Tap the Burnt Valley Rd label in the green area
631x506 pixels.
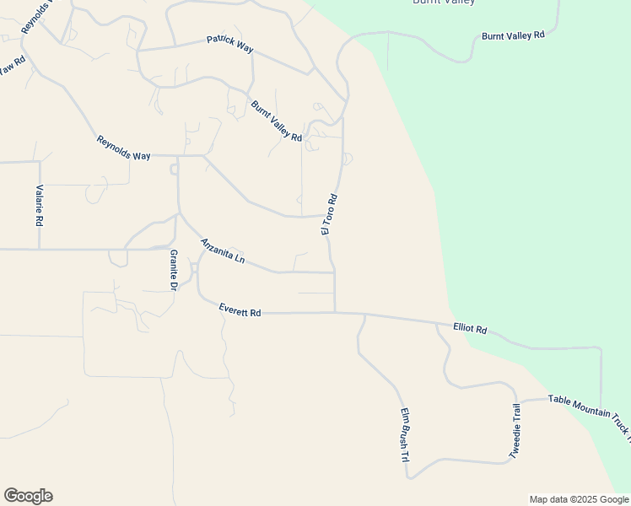513,36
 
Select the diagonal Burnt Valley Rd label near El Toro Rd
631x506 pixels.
276,121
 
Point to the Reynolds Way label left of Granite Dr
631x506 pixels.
123,148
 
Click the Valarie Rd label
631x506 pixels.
39,206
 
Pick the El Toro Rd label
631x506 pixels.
329,214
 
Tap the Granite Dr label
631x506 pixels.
173,270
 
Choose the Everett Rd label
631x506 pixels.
240,310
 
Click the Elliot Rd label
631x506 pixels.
470,328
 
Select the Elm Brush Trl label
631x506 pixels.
404,436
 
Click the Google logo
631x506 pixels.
28,496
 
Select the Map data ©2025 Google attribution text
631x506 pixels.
579,499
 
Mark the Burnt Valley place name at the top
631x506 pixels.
443,3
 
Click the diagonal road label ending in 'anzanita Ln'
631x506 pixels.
222,251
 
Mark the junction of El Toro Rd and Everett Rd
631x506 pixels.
335,313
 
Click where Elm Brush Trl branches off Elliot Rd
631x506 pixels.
364,315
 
